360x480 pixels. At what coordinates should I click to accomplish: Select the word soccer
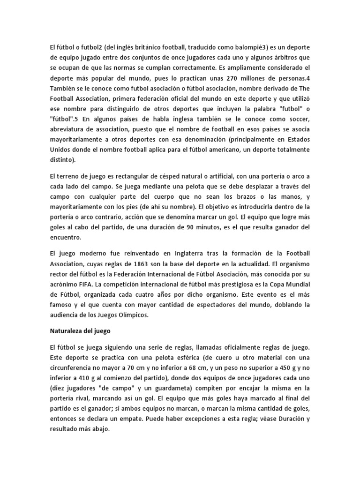click(x=296, y=119)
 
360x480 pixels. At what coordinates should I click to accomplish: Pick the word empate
click(x=132, y=418)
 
